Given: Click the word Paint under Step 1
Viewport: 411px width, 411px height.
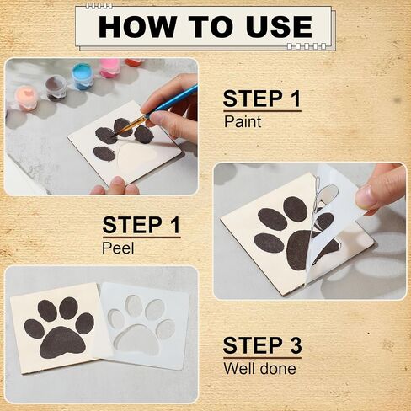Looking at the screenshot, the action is click(x=243, y=122).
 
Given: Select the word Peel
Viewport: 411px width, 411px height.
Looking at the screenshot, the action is click(x=118, y=248).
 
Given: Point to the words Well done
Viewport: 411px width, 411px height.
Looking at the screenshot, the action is click(x=259, y=368).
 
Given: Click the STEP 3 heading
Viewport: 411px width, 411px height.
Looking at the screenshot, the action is click(x=262, y=345).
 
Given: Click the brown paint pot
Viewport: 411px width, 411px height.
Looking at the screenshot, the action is click(x=56, y=87).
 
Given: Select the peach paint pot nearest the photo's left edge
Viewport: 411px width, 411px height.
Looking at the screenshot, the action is click(x=27, y=98).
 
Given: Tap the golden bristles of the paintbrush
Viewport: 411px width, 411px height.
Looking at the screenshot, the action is click(x=129, y=125).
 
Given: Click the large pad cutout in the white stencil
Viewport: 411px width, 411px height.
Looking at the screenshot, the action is click(x=137, y=340).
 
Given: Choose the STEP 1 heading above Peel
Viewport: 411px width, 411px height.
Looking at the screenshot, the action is click(x=141, y=225).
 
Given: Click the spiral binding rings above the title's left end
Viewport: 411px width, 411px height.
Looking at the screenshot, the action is click(x=99, y=6).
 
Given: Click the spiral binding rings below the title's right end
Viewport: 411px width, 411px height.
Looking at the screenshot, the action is click(x=307, y=46).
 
